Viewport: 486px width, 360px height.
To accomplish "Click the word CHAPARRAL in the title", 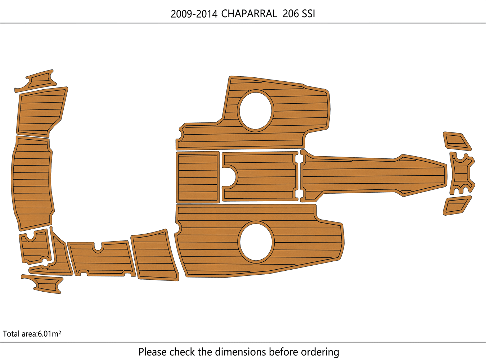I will (x=249, y=14).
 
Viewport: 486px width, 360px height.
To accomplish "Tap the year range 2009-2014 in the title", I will (x=194, y=14).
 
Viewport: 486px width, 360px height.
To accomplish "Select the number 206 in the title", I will (x=291, y=14).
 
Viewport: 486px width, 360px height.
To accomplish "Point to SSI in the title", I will (x=308, y=14).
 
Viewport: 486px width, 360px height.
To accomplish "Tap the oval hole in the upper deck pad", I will (x=256, y=110).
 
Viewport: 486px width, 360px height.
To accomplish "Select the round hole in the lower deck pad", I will (x=256, y=241).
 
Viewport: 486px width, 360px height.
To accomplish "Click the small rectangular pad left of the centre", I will (x=198, y=177).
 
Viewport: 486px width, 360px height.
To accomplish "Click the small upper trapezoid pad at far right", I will (x=456, y=141).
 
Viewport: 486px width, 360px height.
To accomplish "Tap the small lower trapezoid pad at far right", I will (x=456, y=206).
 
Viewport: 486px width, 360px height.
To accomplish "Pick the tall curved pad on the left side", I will (x=32, y=183).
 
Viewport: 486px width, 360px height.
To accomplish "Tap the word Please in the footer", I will (x=153, y=352).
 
